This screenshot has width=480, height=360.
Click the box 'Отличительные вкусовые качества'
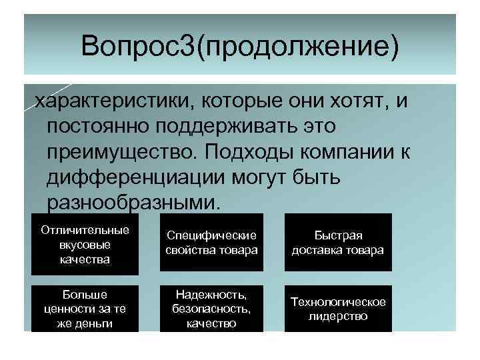(x=85, y=244)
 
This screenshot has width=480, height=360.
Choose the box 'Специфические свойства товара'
(x=211, y=243)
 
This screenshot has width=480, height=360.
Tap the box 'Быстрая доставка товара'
(x=337, y=243)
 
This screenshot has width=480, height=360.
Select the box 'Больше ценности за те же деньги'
(x=85, y=309)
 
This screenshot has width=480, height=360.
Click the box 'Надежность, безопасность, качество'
(x=211, y=309)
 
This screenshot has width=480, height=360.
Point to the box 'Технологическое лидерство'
(x=337, y=309)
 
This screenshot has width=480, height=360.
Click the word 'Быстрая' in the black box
(x=337, y=236)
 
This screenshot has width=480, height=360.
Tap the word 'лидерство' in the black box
(x=337, y=316)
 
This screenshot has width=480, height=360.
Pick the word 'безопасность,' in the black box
(x=211, y=309)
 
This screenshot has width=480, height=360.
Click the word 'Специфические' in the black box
(x=211, y=236)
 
